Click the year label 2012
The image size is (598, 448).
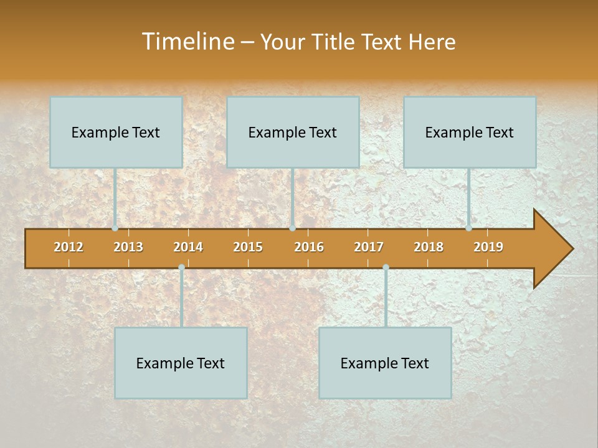(69, 247)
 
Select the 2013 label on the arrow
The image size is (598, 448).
(128, 247)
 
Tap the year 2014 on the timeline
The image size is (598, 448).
(188, 247)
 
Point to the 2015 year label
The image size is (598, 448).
(248, 247)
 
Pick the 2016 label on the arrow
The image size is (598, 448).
(309, 247)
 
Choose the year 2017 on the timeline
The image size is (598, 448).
(369, 247)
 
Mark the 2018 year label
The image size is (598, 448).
(429, 247)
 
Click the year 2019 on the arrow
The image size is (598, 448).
(488, 247)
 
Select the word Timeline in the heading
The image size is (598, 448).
(187, 42)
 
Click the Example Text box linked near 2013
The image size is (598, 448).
(116, 133)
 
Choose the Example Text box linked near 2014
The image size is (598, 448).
(181, 363)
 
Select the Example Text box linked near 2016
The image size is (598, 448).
(293, 133)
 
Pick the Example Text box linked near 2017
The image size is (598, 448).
(385, 363)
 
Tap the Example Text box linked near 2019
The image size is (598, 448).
(470, 133)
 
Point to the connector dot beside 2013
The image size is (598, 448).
(115, 228)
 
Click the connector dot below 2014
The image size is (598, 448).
(181, 267)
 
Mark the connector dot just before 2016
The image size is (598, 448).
(292, 228)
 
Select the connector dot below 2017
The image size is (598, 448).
(386, 267)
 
